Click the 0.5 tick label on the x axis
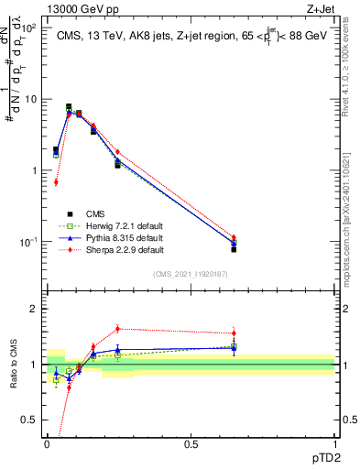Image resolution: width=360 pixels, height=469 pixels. (191, 444)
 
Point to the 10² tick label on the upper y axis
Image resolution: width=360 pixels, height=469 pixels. (29, 27)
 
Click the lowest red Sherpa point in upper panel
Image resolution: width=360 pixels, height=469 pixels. (56, 182)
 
